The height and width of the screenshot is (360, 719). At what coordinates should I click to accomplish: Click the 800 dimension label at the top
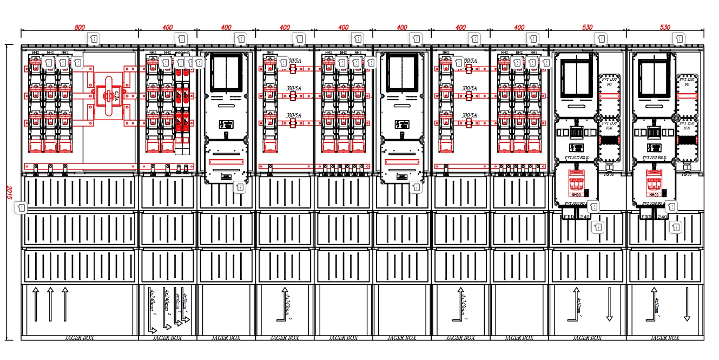click(80, 27)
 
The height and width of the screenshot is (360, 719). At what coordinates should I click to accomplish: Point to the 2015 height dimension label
click(8, 192)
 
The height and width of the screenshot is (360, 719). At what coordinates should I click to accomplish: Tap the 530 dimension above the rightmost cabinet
click(665, 27)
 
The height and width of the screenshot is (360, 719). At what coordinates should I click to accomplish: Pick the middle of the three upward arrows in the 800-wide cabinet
click(50, 305)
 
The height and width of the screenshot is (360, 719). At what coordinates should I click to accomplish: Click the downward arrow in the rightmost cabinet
click(687, 304)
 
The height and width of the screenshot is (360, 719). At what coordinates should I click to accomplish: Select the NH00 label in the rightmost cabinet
click(654, 195)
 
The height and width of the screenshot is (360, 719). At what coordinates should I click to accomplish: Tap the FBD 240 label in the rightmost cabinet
click(654, 217)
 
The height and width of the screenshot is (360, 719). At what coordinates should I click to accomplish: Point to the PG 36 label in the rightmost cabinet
click(687, 174)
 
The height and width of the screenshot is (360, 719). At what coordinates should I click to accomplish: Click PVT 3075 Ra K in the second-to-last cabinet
click(576, 158)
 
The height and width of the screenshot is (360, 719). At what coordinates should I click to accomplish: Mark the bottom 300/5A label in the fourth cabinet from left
click(294, 115)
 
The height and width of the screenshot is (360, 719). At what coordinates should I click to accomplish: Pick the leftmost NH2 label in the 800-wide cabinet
click(35, 53)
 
